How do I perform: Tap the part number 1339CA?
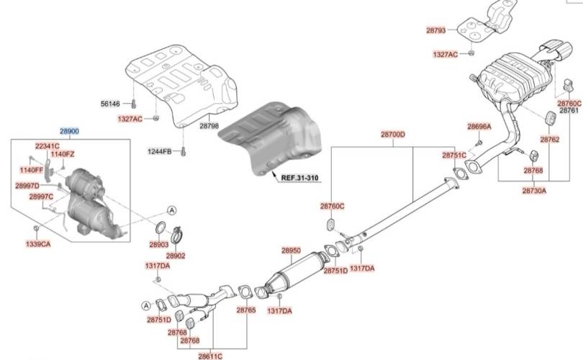click(x=38, y=245)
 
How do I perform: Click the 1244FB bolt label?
click(x=160, y=151)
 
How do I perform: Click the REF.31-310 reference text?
click(x=299, y=177)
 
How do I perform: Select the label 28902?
click(x=175, y=256)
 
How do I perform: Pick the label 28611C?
click(x=211, y=356)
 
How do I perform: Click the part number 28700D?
click(x=393, y=135)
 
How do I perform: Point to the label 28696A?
click(x=479, y=127)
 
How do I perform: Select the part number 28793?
click(x=435, y=30)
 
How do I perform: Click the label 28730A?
click(x=534, y=191)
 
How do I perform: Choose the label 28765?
click(x=245, y=310)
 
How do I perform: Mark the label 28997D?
click(x=27, y=186)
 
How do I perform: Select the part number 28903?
click(x=159, y=245)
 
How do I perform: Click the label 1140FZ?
click(x=63, y=154)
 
